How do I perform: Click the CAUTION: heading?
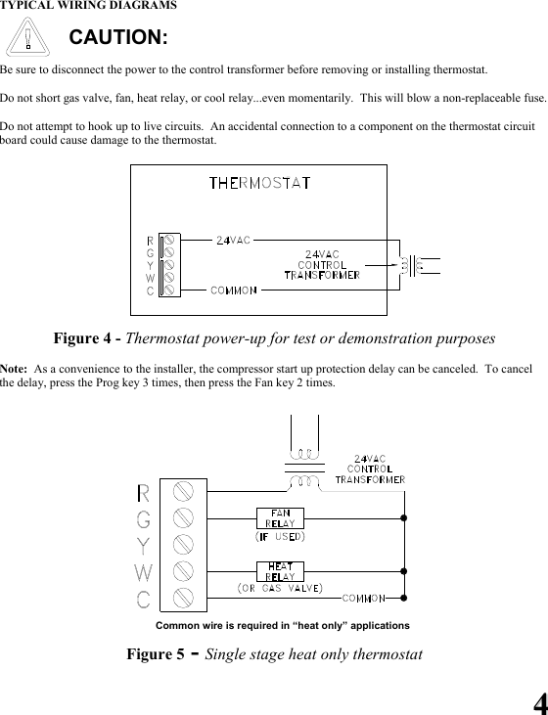[118, 38]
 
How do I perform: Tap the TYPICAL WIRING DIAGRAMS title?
[89, 6]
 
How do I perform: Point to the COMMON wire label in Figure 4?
[234, 290]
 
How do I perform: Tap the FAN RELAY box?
[280, 517]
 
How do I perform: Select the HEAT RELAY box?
[280, 570]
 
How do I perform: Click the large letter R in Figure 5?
[144, 493]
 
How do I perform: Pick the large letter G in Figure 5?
[144, 518]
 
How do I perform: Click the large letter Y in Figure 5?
[144, 545]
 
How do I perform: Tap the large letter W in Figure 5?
[144, 571]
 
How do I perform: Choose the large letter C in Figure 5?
[144, 598]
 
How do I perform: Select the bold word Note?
[14, 368]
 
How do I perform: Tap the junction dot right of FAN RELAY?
[402, 516]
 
